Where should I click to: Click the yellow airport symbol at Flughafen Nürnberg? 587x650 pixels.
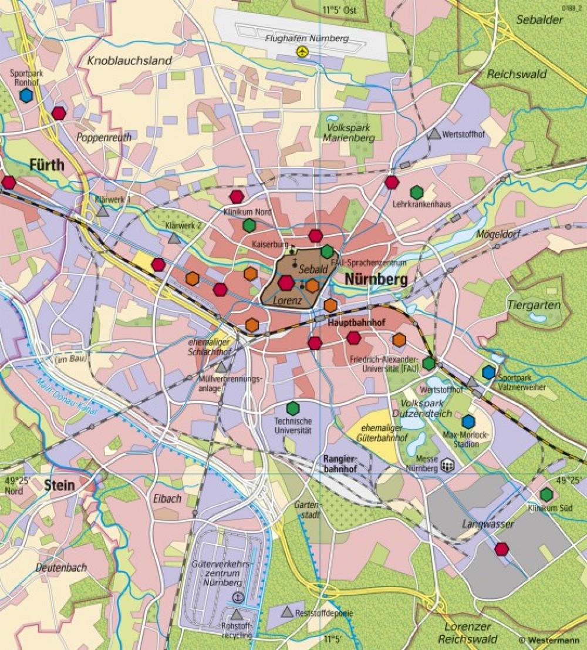[x=302, y=52]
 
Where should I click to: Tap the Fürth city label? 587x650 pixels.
[x=46, y=166]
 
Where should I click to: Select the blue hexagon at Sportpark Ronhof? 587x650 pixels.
[x=26, y=96]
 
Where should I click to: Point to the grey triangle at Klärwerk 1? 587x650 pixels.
[x=103, y=211]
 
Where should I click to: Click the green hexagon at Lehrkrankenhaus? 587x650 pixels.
[x=416, y=192]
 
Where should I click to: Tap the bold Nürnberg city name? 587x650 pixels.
[x=376, y=280]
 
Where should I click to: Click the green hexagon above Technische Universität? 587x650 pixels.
[x=292, y=408]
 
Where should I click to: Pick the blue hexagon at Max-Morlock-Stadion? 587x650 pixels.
[x=468, y=422]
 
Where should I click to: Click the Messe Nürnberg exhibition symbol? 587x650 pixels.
[x=447, y=466]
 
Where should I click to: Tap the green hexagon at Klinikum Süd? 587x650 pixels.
[x=546, y=494]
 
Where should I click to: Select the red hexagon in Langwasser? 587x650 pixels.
[x=501, y=549]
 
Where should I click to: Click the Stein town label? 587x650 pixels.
[x=59, y=484]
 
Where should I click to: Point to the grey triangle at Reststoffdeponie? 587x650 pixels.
[x=286, y=612]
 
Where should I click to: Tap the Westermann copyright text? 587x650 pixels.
[x=551, y=639]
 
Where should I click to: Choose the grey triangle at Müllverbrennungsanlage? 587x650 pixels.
[x=221, y=368]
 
